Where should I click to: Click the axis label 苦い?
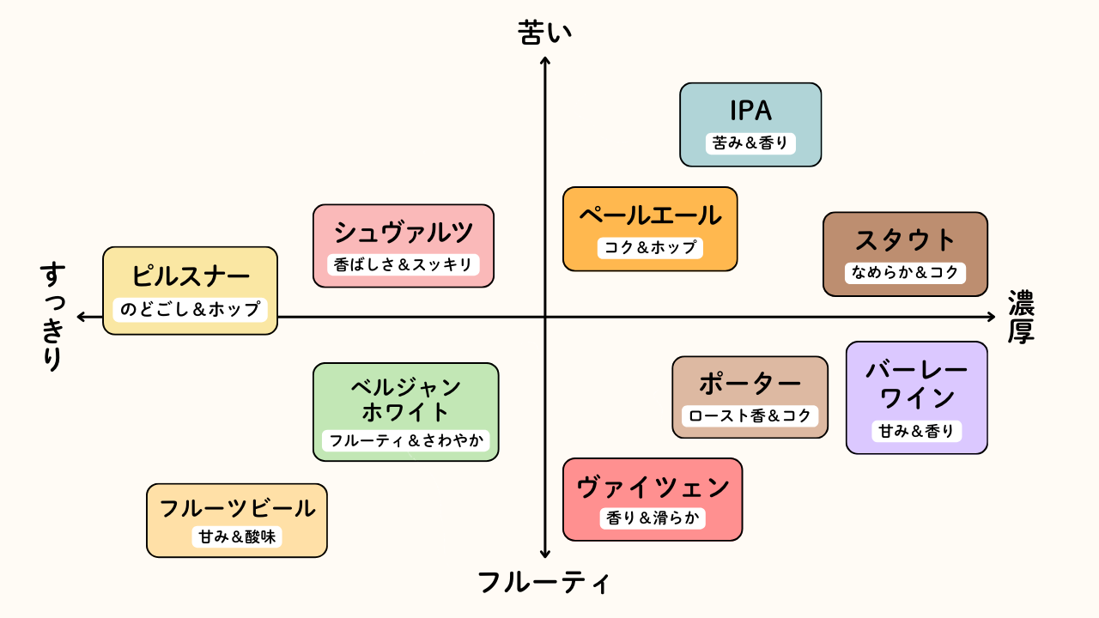[544, 33]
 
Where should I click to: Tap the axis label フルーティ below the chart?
[544, 583]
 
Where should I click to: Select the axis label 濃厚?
[1021, 318]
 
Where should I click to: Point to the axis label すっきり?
[53, 317]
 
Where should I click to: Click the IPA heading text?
[750, 111]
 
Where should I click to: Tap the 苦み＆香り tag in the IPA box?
[750, 143]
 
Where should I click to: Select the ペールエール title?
[650, 215]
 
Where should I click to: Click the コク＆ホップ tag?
[650, 247]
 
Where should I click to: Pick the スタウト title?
[905, 240]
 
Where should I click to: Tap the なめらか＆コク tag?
[905, 273]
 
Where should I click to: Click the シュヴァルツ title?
[404, 232]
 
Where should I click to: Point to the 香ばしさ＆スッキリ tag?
[404, 264]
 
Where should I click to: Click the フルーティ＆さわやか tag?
[406, 441]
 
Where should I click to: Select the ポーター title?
[750, 384]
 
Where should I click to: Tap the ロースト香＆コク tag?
[750, 416]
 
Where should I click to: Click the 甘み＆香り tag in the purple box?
[916, 432]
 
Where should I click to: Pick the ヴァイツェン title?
[653, 488]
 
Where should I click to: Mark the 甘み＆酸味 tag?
[237, 537]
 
